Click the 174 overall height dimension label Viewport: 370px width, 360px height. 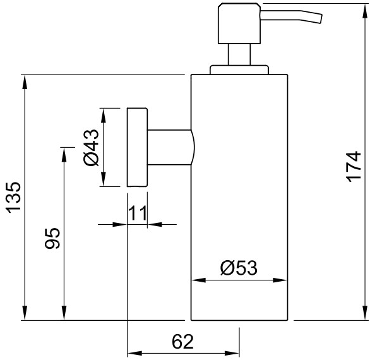(x=354, y=167)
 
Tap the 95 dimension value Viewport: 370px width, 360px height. (x=52, y=238)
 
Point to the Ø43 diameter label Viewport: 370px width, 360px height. (x=91, y=148)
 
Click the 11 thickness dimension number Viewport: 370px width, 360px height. (x=137, y=213)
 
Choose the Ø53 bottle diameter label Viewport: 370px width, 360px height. (x=239, y=268)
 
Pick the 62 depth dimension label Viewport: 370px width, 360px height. (x=182, y=342)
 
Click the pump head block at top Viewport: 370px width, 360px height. (x=239, y=23)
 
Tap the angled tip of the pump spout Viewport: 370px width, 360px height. (x=321, y=19)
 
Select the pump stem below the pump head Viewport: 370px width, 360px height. (x=239, y=54)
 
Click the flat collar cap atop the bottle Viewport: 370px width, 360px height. (x=239, y=70)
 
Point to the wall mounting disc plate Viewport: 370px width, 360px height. (x=138, y=147)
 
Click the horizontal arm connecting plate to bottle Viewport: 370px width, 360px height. (x=170, y=147)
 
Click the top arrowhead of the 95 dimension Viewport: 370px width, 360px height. (x=64, y=154)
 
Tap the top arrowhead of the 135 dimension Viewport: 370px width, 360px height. (x=25, y=82)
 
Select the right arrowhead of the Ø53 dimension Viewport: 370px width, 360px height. (x=280, y=280)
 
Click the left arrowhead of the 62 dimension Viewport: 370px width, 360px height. (x=134, y=354)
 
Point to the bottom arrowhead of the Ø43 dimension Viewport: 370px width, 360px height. (x=103, y=179)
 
